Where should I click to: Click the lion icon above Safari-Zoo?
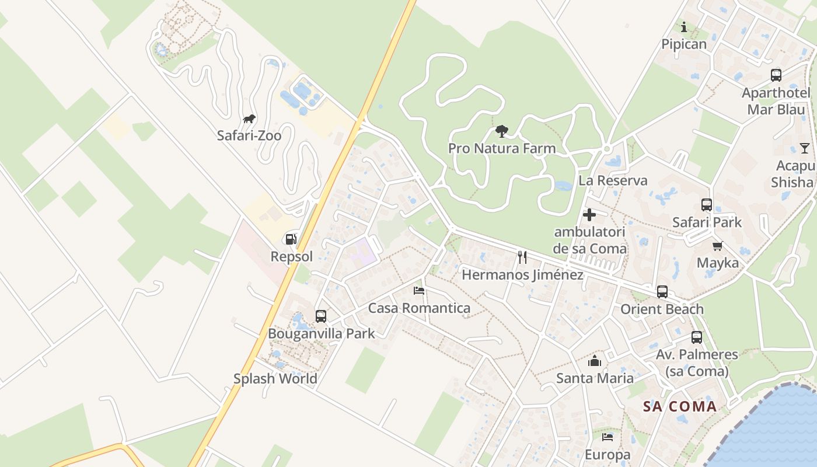point(249,120)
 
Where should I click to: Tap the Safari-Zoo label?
point(249,135)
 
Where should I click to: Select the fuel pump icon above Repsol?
point(291,239)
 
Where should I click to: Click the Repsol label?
point(292,256)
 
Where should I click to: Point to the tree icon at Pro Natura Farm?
point(501,131)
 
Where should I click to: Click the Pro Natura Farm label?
point(502,148)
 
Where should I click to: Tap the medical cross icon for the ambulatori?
point(589,215)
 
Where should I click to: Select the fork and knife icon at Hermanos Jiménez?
point(522,257)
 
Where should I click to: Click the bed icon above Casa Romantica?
point(419,290)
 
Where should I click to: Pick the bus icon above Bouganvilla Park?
point(321,316)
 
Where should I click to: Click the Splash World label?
point(275,378)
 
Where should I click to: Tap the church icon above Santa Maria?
point(595,361)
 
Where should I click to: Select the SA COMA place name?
point(680,406)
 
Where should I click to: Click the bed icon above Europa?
point(607,437)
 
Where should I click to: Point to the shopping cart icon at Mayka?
point(717,246)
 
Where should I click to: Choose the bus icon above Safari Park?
point(707,205)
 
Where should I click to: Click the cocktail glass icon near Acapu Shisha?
point(805,148)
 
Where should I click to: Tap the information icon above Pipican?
point(684,27)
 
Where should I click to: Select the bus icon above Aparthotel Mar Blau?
point(776,75)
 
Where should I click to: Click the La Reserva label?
point(613,180)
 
